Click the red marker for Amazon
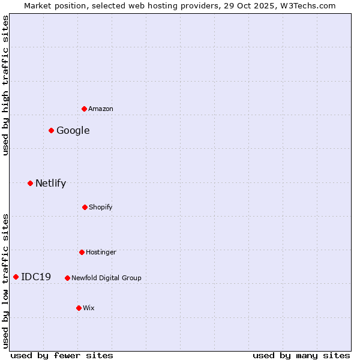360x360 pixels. coord(85,109)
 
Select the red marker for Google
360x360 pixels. coord(52,130)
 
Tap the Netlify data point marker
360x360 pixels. coord(30,183)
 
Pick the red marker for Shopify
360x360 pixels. coord(85,207)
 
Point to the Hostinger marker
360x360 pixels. coord(82,252)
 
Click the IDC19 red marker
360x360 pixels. coord(16,277)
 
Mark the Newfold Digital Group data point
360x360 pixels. coord(67,278)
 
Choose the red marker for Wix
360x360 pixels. coord(79,308)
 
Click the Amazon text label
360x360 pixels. coord(101,109)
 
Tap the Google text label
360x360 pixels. coord(73,130)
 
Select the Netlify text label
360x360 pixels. coord(50,183)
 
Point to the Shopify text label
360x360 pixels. coord(101,207)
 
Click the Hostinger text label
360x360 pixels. coord(101,252)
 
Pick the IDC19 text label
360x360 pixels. coord(36,277)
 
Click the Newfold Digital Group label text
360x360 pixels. coord(106,278)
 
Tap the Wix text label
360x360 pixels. coord(89,308)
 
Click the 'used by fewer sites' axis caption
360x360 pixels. coord(62,355)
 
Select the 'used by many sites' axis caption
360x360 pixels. coord(301,355)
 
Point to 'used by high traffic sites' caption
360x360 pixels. coord(5,85)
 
